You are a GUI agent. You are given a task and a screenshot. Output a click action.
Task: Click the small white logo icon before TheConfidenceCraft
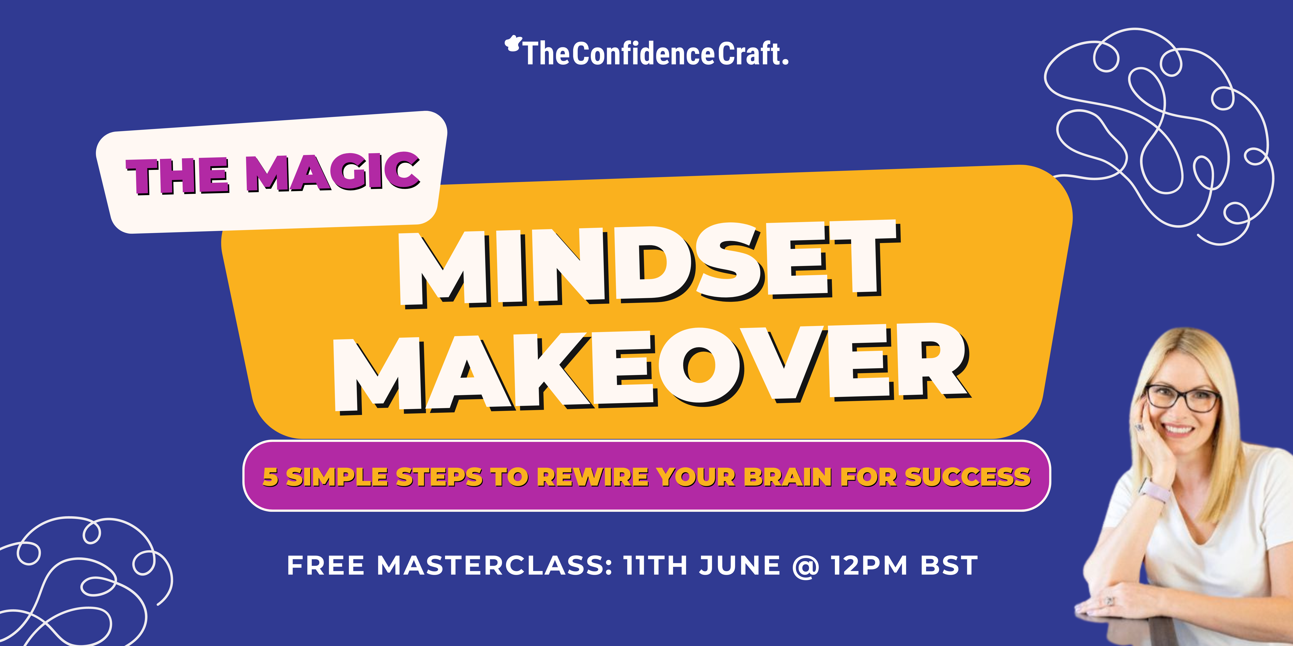[513, 44]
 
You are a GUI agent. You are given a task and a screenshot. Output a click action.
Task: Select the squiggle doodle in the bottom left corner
[80, 582]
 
